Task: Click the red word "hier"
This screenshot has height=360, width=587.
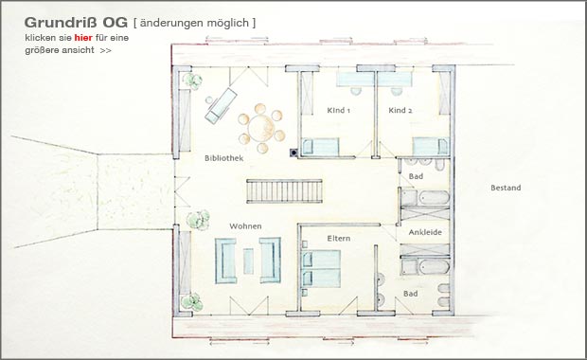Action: (x=83, y=38)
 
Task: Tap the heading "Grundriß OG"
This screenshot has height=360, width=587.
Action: (x=76, y=23)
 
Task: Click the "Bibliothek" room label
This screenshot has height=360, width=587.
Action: (x=223, y=158)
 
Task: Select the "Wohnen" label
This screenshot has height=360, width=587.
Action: (x=245, y=226)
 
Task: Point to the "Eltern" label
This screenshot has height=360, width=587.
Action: (x=339, y=238)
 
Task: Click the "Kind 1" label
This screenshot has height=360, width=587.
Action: (x=338, y=111)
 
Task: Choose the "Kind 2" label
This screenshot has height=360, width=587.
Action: (x=400, y=111)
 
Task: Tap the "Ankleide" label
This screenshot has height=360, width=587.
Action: (x=425, y=232)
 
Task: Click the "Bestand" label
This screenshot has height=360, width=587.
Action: (x=506, y=188)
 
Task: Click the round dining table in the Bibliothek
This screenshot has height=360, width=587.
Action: (x=261, y=128)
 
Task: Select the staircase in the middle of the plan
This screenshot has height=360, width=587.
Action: (x=285, y=191)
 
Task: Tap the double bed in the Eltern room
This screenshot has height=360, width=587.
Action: (x=321, y=269)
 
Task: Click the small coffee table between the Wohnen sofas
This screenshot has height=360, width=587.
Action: (x=248, y=261)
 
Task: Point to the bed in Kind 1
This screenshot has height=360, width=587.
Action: (x=320, y=147)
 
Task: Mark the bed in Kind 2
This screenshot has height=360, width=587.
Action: (x=431, y=147)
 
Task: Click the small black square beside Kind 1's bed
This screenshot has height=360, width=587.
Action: (x=293, y=153)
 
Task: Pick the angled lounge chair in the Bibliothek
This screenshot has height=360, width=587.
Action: (x=221, y=106)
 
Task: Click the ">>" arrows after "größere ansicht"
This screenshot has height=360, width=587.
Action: (x=106, y=50)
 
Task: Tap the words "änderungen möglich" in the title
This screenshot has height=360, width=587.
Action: (x=195, y=24)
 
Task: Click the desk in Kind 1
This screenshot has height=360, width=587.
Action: (x=354, y=80)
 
